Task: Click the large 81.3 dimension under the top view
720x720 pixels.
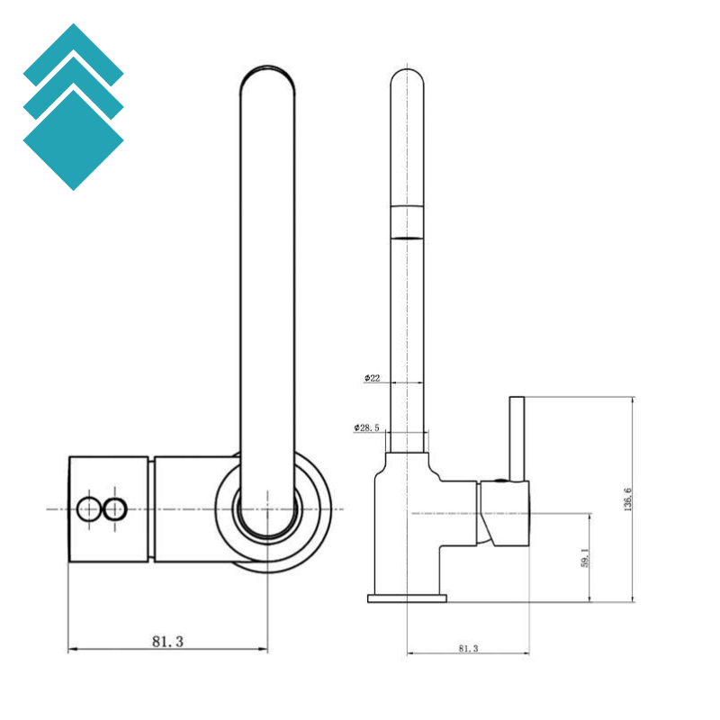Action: (x=167, y=642)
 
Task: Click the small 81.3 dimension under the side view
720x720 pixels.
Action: (x=468, y=648)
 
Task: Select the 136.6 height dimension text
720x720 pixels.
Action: (x=628, y=499)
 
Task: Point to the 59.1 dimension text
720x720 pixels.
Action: (x=584, y=557)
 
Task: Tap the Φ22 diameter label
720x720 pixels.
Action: (x=373, y=378)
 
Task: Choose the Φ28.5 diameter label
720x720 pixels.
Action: (x=366, y=428)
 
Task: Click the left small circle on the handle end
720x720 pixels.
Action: (x=88, y=509)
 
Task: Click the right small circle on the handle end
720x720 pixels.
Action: (x=115, y=509)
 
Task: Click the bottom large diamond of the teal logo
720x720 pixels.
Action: (x=74, y=140)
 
